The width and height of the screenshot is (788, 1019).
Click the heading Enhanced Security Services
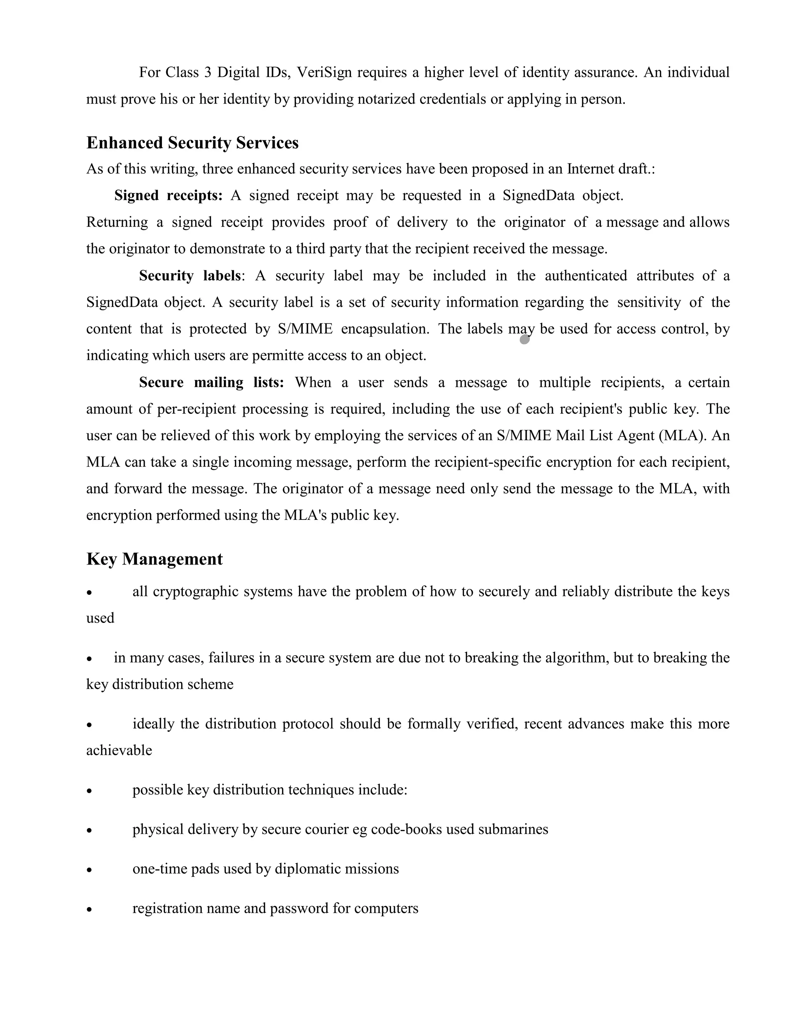192,143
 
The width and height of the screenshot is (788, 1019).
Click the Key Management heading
155,559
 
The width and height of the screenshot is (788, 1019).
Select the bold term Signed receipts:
169,195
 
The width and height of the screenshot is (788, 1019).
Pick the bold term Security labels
190,275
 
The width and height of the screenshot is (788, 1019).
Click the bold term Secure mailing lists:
212,382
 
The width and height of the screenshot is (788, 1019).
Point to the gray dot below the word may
525,340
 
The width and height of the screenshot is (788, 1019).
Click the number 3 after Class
207,72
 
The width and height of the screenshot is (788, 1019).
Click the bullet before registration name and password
89,909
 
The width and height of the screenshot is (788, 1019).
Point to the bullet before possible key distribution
89,790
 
